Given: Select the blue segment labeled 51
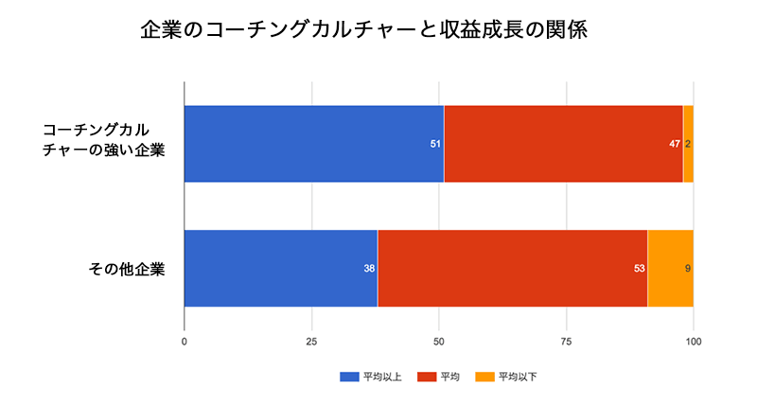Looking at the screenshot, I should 313,144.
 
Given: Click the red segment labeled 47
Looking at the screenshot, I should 563,144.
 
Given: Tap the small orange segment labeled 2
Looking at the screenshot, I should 688,144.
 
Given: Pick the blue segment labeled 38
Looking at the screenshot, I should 280,268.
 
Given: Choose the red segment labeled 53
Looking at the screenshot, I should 512,268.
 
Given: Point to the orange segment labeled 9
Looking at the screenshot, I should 670,268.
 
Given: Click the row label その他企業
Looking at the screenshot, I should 127,269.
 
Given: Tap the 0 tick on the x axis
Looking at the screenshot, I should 184,340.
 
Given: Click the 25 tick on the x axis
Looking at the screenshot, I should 311,340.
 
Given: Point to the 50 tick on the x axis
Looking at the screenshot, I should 438,340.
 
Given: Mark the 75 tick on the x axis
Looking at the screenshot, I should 566,340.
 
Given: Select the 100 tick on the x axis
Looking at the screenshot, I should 694,340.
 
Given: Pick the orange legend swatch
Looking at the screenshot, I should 484,377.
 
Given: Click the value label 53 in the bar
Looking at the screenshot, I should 640,269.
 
